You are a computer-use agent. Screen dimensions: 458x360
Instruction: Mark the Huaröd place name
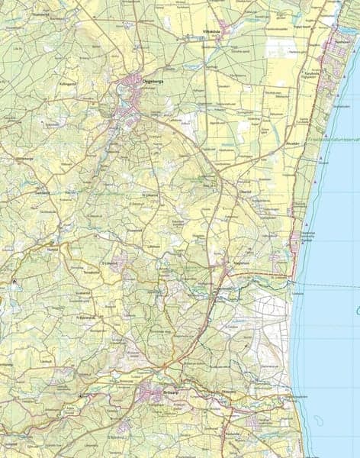(53, 249)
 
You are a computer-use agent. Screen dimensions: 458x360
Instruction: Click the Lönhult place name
(45, 359)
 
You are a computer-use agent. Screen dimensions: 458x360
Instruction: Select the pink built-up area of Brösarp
(153, 395)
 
